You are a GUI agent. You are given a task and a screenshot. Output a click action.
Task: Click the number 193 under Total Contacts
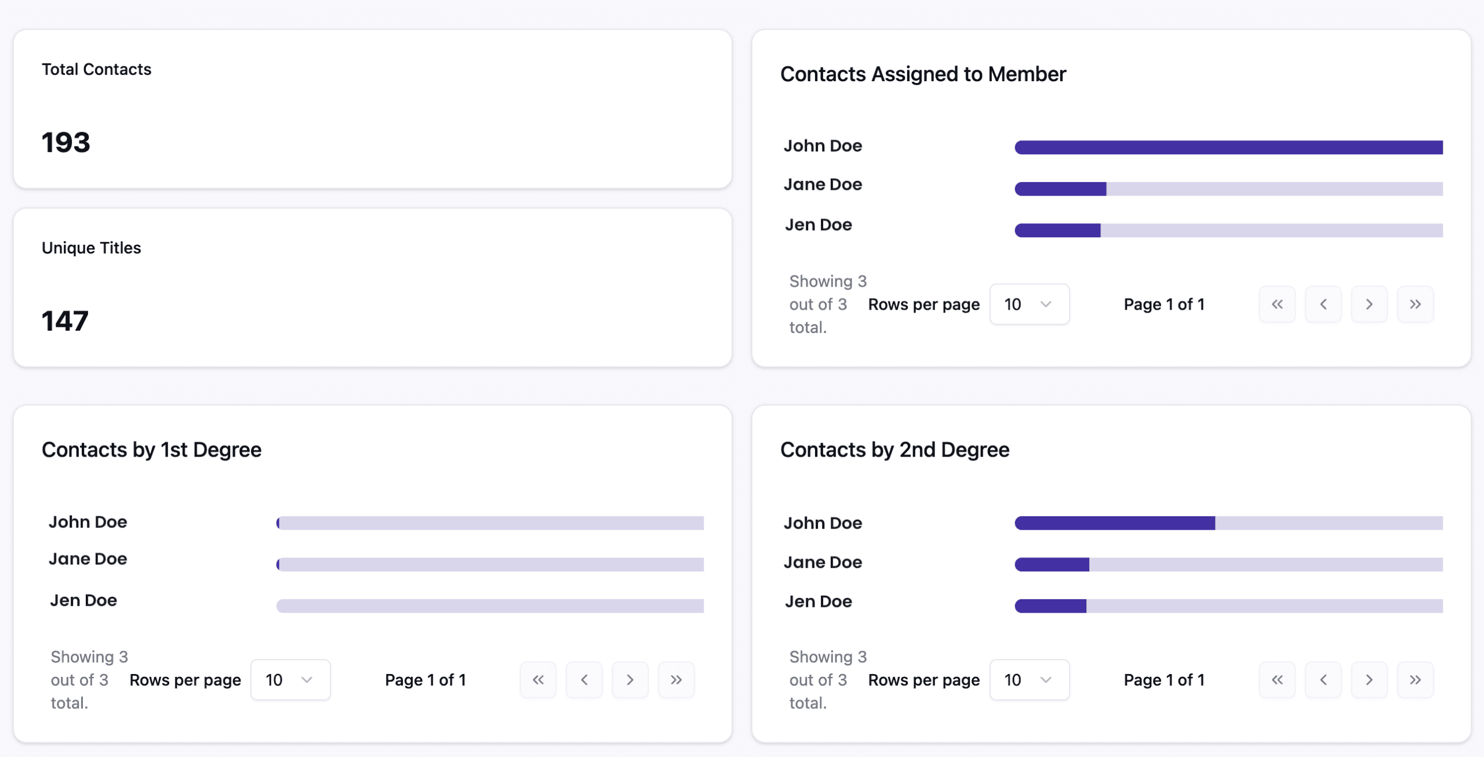[66, 143]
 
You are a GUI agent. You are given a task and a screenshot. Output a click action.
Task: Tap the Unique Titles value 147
[65, 321]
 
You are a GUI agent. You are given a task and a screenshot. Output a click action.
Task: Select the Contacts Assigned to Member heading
[923, 74]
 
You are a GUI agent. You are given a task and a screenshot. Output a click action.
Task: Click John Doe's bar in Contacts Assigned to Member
[1228, 147]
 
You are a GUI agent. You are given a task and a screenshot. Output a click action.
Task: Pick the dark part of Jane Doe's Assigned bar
[1060, 189]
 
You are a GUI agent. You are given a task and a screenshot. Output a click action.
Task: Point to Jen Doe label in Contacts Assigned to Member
[818, 225]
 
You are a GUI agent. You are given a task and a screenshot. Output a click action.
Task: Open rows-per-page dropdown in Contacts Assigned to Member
[1029, 305]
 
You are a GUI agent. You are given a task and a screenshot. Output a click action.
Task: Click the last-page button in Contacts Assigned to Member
[1415, 305]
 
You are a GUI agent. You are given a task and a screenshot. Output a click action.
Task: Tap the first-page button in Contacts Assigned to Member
[1277, 305]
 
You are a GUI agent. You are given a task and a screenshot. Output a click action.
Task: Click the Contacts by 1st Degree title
[151, 450]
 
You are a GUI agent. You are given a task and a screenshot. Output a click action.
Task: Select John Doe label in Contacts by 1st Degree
[88, 522]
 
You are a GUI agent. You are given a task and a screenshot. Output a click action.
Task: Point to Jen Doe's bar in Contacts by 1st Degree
[490, 606]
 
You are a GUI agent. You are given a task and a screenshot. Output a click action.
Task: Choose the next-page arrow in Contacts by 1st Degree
[630, 680]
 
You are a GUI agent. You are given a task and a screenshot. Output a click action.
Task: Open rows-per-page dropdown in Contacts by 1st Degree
[290, 680]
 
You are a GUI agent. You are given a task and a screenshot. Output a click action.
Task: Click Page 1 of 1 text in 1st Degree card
[425, 680]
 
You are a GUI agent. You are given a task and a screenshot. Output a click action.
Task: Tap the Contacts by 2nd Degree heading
[894, 450]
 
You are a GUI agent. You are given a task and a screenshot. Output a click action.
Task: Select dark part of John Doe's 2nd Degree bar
[1115, 523]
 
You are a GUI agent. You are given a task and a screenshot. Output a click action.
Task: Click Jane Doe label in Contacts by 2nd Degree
[823, 563]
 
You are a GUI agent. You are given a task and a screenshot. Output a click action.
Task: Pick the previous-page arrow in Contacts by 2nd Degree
[1323, 680]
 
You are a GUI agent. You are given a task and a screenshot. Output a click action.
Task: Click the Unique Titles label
[91, 248]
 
